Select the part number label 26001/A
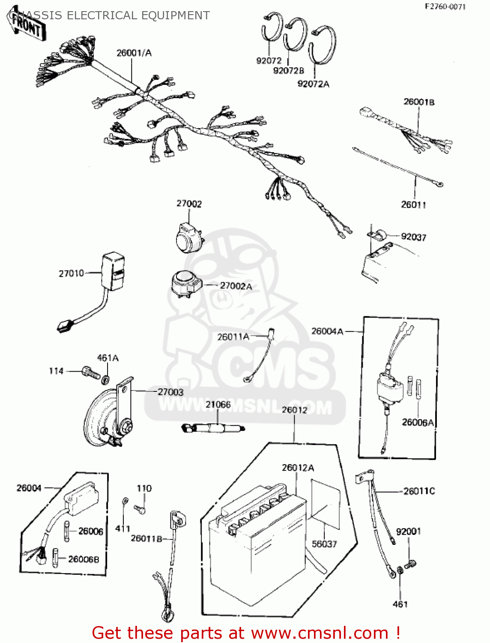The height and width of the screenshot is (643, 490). (x=134, y=53)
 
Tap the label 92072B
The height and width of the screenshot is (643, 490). (x=288, y=71)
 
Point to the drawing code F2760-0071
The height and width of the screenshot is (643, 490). (x=445, y=6)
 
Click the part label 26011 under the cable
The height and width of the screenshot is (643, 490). (x=413, y=205)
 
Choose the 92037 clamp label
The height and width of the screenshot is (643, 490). (x=413, y=237)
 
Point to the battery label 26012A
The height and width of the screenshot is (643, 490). (x=298, y=468)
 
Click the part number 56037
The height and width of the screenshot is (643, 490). (x=324, y=544)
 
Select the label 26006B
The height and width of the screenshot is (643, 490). (x=84, y=559)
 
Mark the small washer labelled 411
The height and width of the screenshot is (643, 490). (x=125, y=501)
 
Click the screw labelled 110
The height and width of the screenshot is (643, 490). (x=140, y=509)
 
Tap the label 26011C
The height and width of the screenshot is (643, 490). (x=419, y=491)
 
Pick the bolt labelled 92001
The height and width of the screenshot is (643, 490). (x=411, y=564)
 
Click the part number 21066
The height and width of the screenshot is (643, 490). (x=218, y=405)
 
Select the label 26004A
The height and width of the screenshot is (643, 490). (x=327, y=331)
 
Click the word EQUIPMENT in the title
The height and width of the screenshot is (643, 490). (x=175, y=15)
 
